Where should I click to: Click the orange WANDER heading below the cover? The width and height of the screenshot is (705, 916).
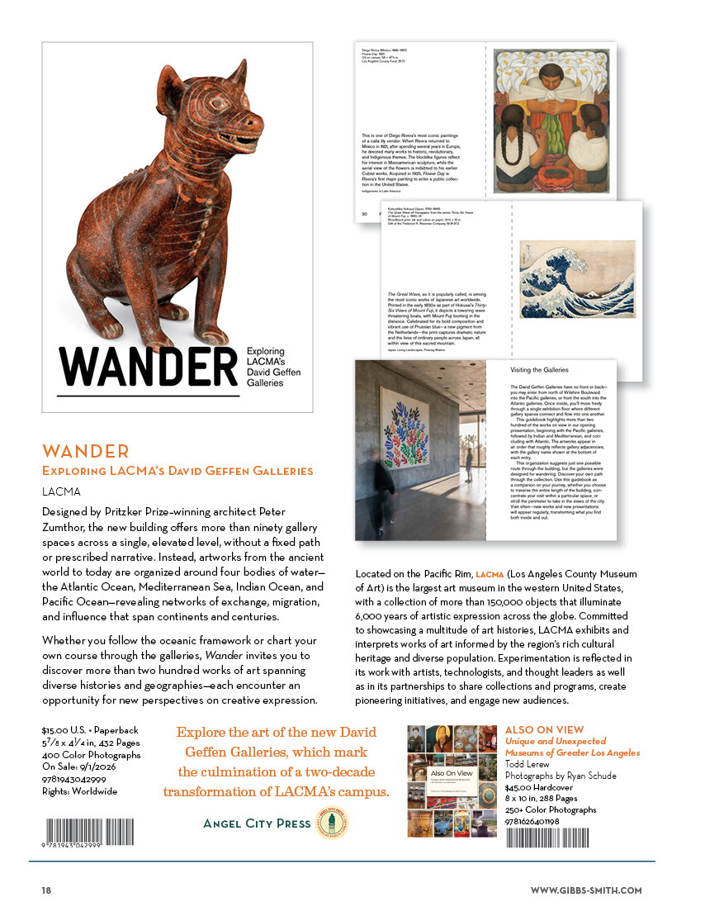click(86, 451)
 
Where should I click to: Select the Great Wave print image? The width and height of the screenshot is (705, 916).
click(578, 279)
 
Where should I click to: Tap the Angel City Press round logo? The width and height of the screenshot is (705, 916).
click(333, 823)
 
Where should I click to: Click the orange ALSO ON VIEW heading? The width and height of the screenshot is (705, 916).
click(544, 730)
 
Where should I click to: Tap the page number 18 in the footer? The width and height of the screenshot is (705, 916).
click(48, 890)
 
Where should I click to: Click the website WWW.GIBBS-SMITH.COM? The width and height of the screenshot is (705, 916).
click(585, 890)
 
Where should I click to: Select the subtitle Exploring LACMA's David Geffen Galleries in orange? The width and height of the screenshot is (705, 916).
click(177, 472)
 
